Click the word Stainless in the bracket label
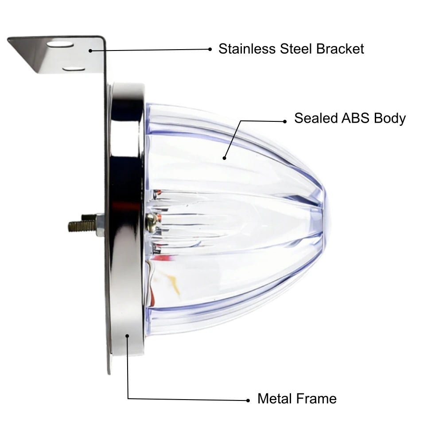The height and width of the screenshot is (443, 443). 247,49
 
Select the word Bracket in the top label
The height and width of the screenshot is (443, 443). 340,49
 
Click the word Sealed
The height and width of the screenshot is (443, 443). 315,118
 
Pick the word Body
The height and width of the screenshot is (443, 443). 390,119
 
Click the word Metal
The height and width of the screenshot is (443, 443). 275,399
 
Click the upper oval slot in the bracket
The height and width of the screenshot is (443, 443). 60,44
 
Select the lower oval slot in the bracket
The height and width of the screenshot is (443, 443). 74,69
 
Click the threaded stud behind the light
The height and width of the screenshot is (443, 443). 82,225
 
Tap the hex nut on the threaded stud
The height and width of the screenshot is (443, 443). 100,225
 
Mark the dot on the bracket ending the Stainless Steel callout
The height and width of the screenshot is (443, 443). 90,51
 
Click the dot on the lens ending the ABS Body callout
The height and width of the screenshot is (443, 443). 224,158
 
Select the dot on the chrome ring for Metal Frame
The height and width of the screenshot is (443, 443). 127,336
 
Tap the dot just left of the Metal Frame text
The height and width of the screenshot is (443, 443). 248,400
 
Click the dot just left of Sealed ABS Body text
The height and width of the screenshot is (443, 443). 285,121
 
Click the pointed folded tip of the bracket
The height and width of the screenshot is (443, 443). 8,39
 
